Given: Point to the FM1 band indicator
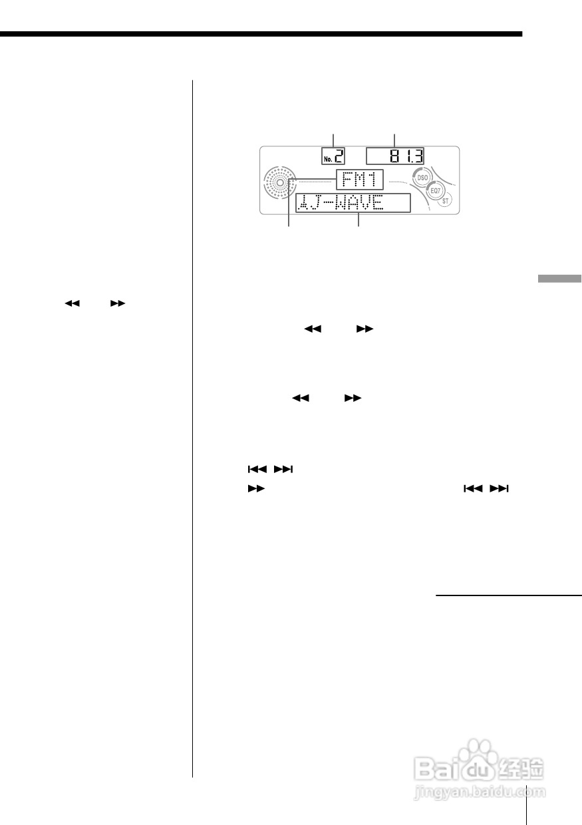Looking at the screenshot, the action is click(359, 181).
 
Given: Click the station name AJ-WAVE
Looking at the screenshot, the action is click(341, 204).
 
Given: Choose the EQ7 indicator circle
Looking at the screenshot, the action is click(435, 190).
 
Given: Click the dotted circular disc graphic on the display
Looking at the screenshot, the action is click(280, 182).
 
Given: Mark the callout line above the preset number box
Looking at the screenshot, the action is click(333, 140).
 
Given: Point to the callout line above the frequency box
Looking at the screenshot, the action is click(395, 140).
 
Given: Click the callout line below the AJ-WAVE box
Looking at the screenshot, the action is click(359, 220).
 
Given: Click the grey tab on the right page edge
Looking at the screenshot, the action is click(559, 279).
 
